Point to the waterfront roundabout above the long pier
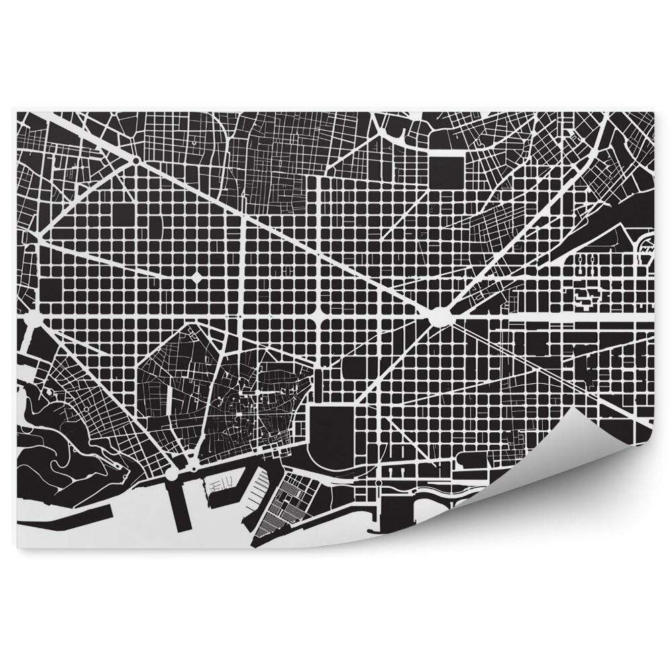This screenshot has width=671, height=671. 172,473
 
